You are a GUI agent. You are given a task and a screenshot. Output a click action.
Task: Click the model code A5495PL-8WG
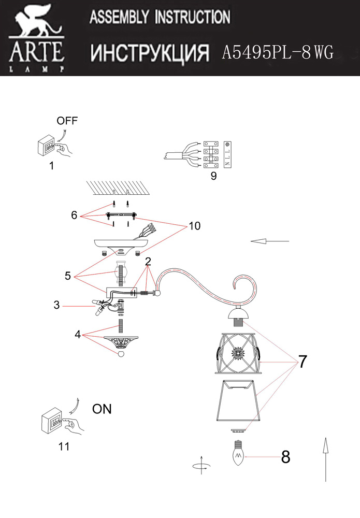tap(277, 52)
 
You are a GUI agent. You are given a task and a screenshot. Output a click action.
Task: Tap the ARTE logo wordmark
tap(36, 52)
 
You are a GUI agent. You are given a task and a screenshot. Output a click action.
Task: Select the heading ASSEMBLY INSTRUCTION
tap(160, 18)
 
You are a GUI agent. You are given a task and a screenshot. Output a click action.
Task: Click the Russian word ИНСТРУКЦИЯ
tap(150, 52)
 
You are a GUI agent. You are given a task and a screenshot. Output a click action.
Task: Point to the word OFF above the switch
tap(67, 121)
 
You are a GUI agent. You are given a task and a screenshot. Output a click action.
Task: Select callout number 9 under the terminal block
tap(213, 176)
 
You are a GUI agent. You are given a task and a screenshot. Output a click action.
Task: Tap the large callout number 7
tap(303, 362)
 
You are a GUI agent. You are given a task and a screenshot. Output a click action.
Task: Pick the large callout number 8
tap(285, 457)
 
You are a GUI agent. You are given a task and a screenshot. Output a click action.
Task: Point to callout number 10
tap(194, 226)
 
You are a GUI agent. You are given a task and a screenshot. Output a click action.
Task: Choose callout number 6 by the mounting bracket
tap(74, 214)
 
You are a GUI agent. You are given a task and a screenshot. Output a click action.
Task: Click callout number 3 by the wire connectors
tap(56, 305)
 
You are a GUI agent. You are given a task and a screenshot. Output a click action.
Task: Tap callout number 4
tap(78, 334)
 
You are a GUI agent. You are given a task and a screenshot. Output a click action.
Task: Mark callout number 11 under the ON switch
tap(64, 446)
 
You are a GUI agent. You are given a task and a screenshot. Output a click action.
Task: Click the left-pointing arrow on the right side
tap(269, 241)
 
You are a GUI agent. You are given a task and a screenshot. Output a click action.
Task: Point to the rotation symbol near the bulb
tap(200, 465)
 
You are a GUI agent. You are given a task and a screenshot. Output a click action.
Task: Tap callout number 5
tap(67, 276)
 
